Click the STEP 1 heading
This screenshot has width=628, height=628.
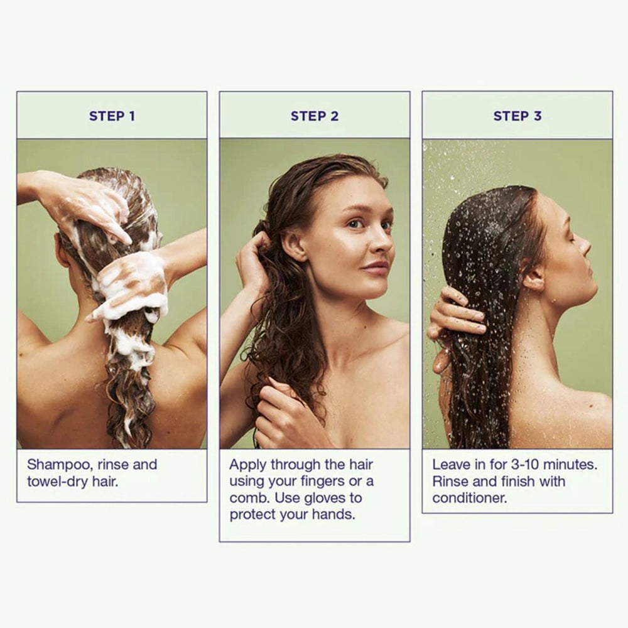click(x=112, y=116)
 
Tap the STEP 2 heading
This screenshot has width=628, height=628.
click(x=315, y=116)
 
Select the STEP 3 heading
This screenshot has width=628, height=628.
click(x=517, y=116)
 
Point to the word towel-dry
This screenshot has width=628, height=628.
click(x=57, y=482)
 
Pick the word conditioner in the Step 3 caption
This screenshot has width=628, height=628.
click(x=469, y=498)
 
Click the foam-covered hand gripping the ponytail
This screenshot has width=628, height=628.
click(x=132, y=285)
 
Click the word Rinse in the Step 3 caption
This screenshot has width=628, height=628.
click(x=450, y=482)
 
